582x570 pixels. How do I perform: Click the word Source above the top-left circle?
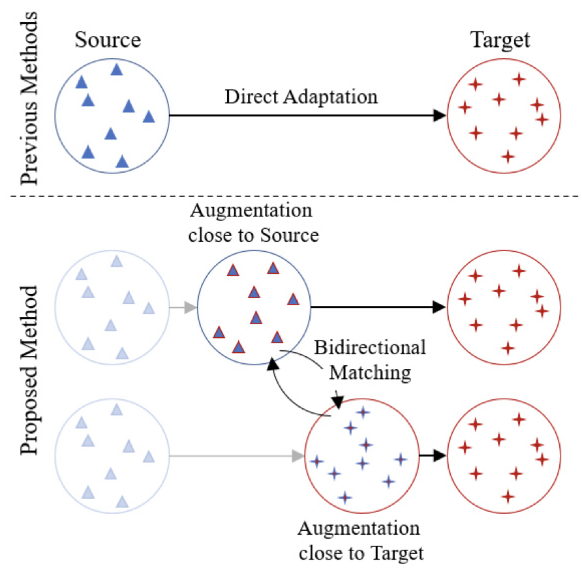coord(108,41)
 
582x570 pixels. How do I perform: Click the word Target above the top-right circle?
coord(500,41)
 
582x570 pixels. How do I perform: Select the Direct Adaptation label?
coord(301,97)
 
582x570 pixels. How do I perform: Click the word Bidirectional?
coord(370,347)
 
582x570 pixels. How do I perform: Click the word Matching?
coord(370,372)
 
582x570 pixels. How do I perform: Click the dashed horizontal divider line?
coord(294,197)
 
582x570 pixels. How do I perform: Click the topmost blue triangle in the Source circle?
coord(117,69)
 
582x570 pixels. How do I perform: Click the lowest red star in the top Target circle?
coord(508,157)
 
